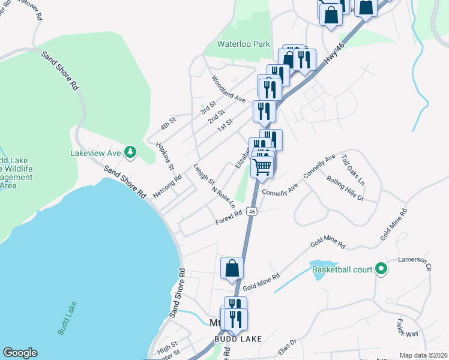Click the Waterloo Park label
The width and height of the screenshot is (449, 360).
coord(244,44)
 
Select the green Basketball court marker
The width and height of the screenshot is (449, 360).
coord(381,269)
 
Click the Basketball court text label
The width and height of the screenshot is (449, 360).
coord(342,269)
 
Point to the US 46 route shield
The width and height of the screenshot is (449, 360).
coord(253,212)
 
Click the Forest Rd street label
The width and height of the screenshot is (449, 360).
coord(229,218)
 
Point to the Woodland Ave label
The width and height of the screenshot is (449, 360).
coord(229,88)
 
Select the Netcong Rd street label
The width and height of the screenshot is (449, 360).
coord(167,187)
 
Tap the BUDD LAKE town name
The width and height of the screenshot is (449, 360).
coord(238,339)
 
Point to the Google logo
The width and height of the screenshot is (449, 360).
coord(20,353)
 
